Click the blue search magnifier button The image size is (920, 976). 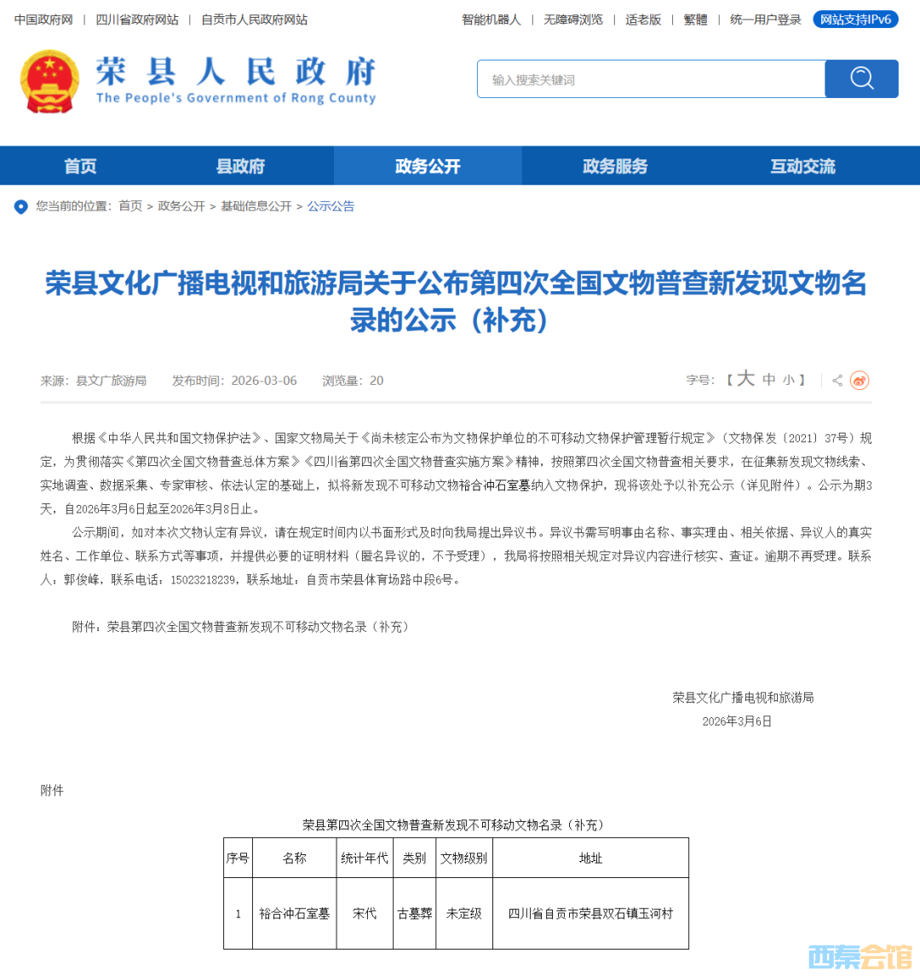(x=861, y=79)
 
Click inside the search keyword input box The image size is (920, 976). (x=651, y=79)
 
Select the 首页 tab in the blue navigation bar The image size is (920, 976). (x=81, y=166)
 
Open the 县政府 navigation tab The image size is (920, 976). (x=240, y=166)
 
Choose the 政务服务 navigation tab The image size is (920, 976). (x=615, y=166)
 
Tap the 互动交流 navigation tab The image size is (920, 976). (x=802, y=166)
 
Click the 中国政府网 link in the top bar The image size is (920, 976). (x=43, y=20)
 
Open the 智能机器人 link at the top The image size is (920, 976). (x=491, y=20)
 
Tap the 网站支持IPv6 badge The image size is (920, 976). (x=855, y=20)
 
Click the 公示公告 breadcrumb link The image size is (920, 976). (x=331, y=206)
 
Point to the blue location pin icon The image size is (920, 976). (x=20, y=207)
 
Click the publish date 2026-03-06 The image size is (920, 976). (x=264, y=381)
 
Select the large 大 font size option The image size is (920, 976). (x=745, y=379)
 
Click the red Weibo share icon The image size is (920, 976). (x=860, y=381)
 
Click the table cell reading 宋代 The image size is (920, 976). (x=365, y=913)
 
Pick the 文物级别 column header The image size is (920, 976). (x=463, y=858)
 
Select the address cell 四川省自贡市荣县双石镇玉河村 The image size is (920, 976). (x=590, y=913)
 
